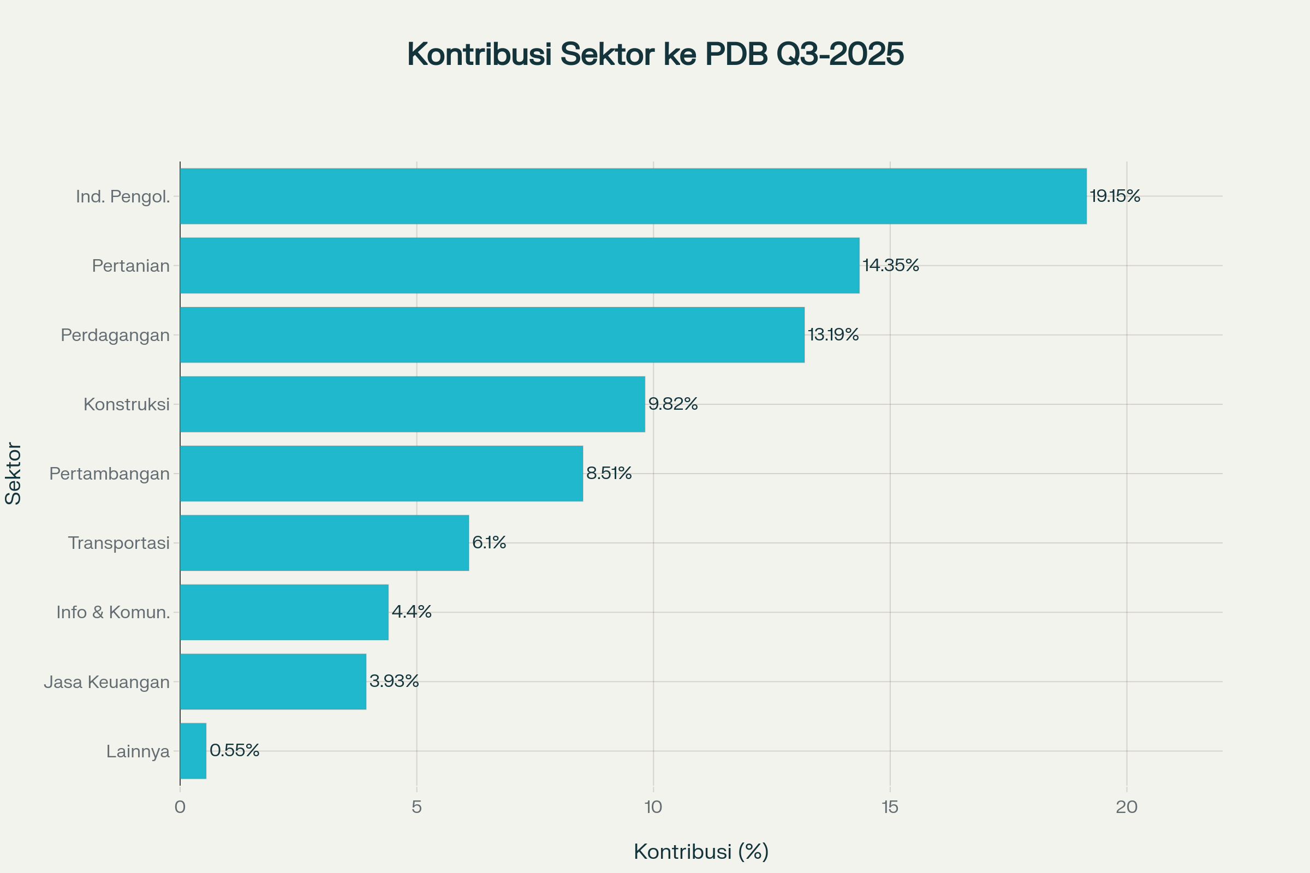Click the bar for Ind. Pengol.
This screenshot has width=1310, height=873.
click(x=633, y=196)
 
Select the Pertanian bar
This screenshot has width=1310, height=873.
click(x=519, y=266)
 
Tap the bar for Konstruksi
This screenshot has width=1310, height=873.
click(x=412, y=404)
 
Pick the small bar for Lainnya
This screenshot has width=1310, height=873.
click(x=193, y=751)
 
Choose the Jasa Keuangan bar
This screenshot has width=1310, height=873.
click(x=273, y=681)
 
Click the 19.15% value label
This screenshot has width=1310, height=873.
click(x=1115, y=196)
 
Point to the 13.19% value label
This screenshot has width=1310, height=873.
click(x=833, y=334)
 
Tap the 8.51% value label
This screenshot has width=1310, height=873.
click(x=609, y=473)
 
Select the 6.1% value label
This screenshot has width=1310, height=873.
click(x=489, y=542)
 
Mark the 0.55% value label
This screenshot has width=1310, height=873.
click(x=235, y=751)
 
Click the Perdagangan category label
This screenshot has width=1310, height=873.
click(x=115, y=335)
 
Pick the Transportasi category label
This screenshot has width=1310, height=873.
click(x=118, y=543)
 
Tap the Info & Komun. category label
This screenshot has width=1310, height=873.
click(x=113, y=612)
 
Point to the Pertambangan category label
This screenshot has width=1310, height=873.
click(x=109, y=474)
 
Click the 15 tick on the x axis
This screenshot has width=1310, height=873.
click(x=890, y=808)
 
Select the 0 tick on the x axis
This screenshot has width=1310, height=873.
click(x=180, y=808)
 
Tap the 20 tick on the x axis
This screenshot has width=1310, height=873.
click(x=1127, y=808)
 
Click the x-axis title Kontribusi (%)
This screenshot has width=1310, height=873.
click(x=701, y=852)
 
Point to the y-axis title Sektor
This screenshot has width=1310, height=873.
click(x=13, y=474)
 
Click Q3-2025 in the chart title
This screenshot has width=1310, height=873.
click(x=840, y=54)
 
